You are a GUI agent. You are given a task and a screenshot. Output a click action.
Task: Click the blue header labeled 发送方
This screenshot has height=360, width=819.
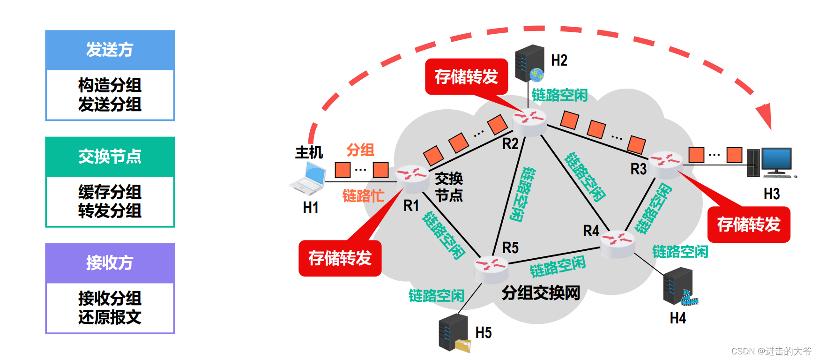[x=110, y=50]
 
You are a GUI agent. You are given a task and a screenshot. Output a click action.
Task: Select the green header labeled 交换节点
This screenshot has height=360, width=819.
[x=110, y=157]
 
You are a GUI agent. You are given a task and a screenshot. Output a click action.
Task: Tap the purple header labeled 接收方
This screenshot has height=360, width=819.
[x=110, y=263]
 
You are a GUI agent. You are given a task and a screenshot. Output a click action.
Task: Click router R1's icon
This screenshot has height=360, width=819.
[x=412, y=178]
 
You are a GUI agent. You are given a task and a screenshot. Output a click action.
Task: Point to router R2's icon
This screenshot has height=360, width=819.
[x=529, y=121]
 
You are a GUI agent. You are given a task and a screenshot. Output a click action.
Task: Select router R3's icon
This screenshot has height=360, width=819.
[x=665, y=164]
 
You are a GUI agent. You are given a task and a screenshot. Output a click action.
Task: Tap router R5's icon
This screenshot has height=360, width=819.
[x=491, y=269]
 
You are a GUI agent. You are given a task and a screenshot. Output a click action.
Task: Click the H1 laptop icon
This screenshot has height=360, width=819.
[x=308, y=179]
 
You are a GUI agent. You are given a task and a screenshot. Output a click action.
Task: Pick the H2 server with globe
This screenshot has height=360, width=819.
[x=529, y=63]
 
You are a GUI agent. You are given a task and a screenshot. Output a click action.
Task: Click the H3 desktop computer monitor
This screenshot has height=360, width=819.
[x=776, y=161]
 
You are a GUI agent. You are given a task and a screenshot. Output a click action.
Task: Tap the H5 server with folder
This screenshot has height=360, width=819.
[x=454, y=333]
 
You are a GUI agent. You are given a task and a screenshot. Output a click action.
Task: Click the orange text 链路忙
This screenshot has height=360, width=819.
[x=363, y=196]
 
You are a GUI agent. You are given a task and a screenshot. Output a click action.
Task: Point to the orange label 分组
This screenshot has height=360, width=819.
[x=360, y=150]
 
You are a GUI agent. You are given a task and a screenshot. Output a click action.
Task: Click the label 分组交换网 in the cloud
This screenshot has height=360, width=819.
[x=541, y=293]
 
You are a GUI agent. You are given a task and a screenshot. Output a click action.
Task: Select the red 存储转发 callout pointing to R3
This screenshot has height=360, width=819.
[x=748, y=225]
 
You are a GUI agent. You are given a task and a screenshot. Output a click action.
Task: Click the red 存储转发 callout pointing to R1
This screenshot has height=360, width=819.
[x=340, y=258]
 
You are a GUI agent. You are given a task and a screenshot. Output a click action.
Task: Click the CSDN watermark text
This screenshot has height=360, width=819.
[x=771, y=351]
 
